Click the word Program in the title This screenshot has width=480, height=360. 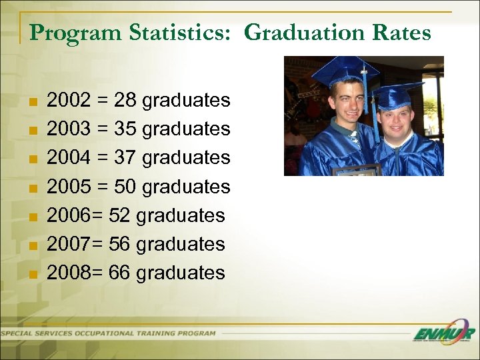coord(65,33)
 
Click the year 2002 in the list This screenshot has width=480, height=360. coord(69,101)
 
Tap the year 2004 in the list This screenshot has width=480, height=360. coord(69,158)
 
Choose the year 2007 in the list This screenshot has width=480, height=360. coord(69,244)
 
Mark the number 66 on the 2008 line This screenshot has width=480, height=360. coord(120,273)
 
